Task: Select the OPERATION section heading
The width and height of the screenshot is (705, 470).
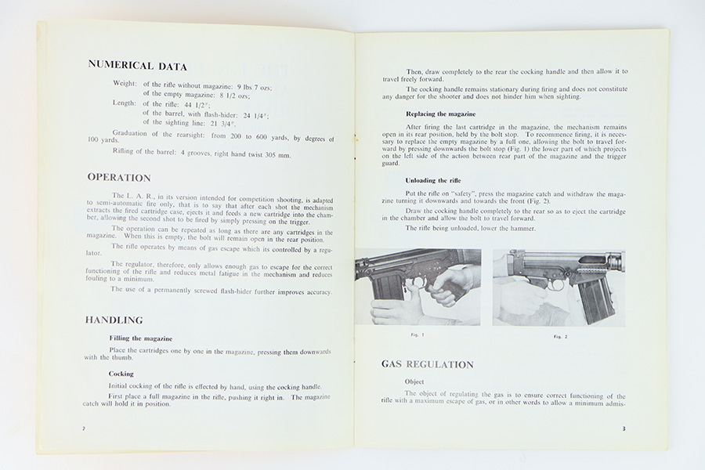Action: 119,178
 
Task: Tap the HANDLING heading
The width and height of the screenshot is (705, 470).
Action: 114,320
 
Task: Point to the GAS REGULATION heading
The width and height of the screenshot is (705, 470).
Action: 427,364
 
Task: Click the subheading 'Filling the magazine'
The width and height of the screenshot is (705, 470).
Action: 141,338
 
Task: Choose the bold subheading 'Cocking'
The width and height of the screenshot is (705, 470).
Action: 121,374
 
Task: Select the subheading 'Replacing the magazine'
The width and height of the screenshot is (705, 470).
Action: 439,114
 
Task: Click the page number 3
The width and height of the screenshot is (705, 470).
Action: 624,428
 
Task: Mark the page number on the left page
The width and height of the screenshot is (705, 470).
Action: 84,429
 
